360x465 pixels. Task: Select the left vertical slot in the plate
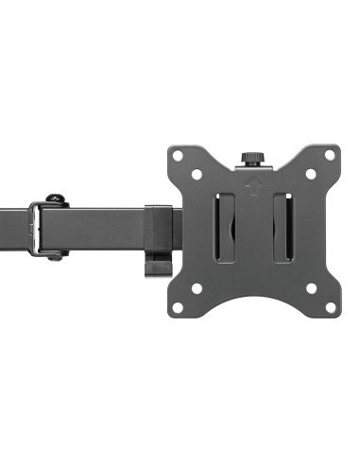pyautogui.click(x=225, y=228)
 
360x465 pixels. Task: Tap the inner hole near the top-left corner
pyautogui.click(x=197, y=174)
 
